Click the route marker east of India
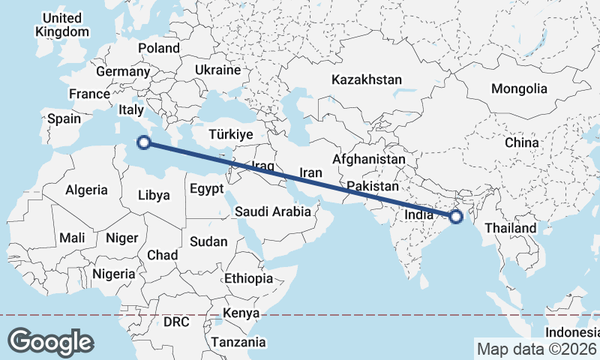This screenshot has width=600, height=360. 455,217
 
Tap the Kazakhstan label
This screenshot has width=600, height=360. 367,79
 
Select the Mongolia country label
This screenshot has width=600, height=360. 519,88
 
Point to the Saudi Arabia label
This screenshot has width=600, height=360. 272,211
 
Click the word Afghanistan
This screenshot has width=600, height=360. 368,160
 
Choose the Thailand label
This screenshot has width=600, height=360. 511,228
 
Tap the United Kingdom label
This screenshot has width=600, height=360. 62,25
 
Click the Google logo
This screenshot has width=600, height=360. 50,341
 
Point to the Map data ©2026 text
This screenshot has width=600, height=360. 536,349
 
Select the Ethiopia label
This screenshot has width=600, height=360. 248,278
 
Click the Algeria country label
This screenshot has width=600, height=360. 86,190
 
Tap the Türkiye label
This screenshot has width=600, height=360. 231,135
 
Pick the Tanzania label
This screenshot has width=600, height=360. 238,342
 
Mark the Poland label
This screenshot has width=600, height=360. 159,48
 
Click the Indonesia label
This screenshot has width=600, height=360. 572,331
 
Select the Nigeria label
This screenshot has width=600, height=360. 113,274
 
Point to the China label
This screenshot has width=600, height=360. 521,142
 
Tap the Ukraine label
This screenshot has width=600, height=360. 217,70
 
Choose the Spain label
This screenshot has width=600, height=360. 64,118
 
